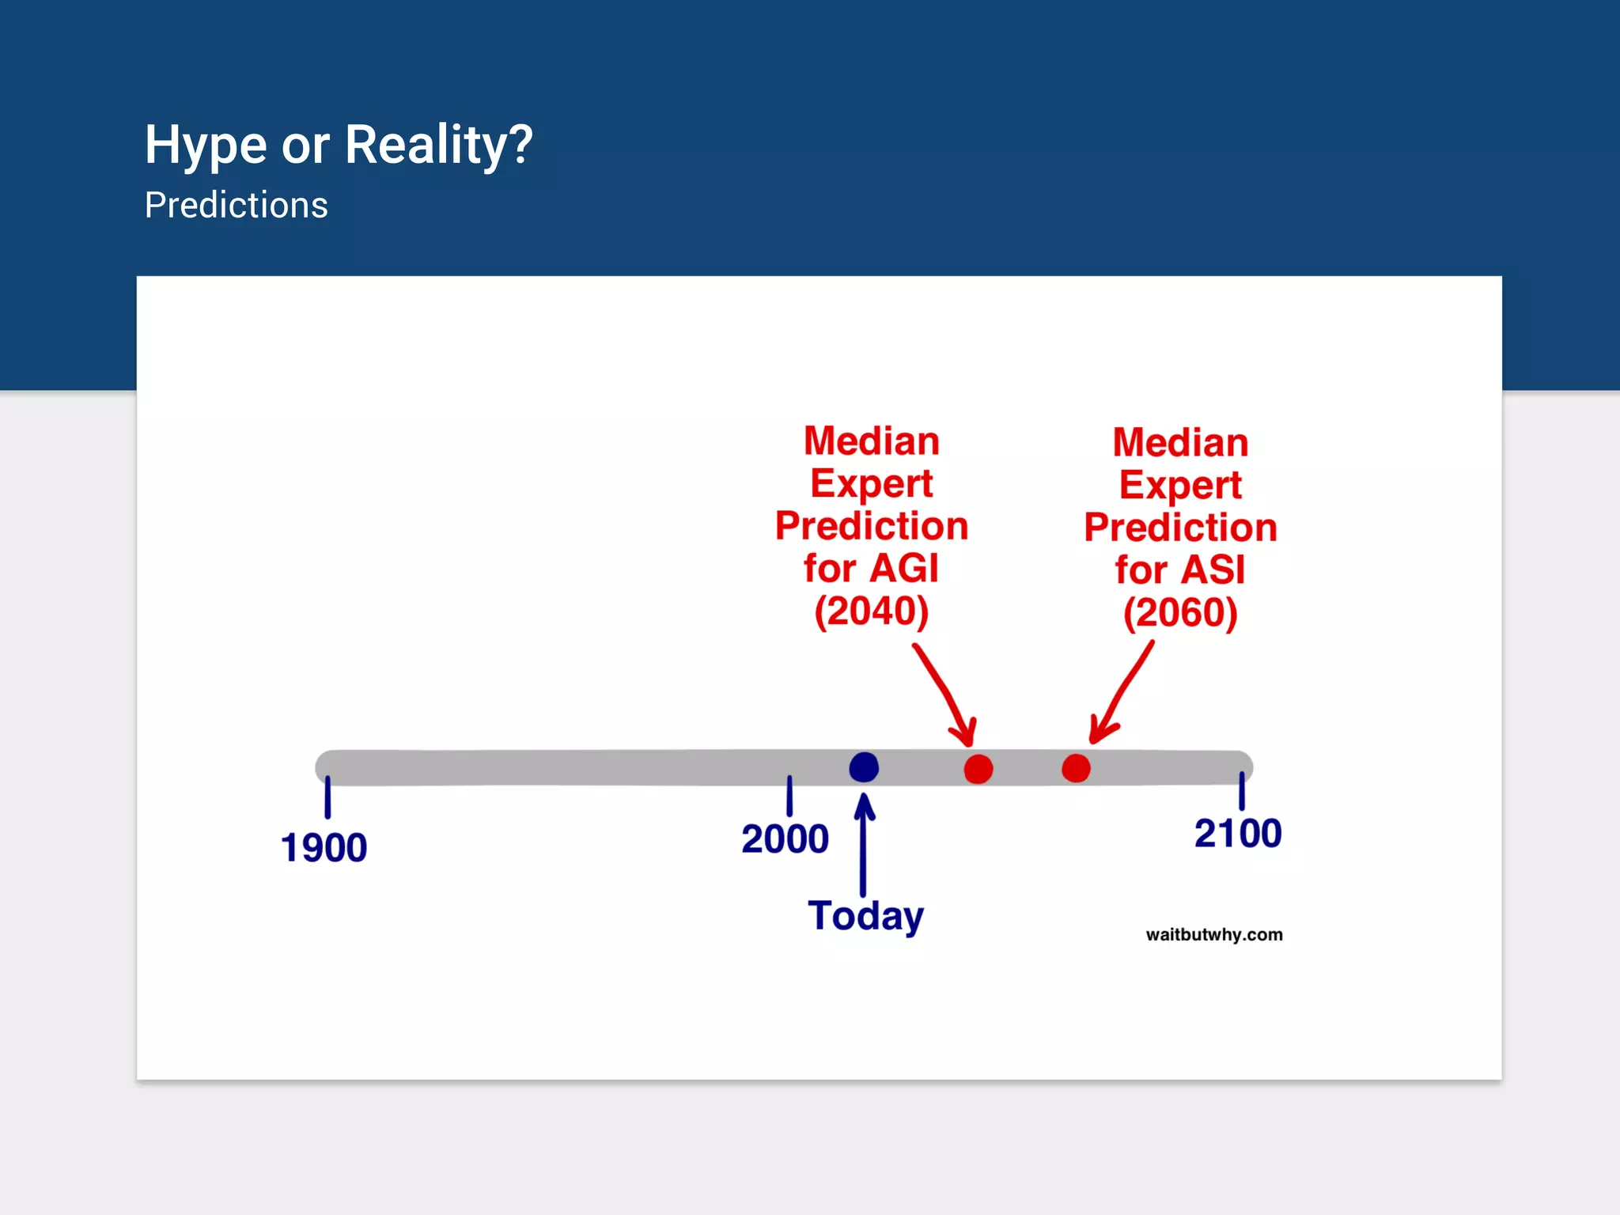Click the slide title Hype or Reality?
click(x=339, y=146)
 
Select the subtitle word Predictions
click(x=236, y=206)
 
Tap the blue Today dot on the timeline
click(x=864, y=767)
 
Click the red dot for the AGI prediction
click(x=978, y=769)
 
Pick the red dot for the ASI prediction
click(x=1076, y=768)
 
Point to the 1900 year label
click(x=324, y=848)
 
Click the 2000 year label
click(x=785, y=839)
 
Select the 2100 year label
click(x=1238, y=834)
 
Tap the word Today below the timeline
click(x=865, y=916)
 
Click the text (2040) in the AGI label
click(x=871, y=611)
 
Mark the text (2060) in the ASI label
click(x=1180, y=613)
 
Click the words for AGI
click(x=871, y=569)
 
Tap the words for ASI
click(x=1180, y=570)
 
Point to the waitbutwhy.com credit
click(x=1214, y=935)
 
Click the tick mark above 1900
click(x=327, y=797)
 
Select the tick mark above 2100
click(x=1242, y=790)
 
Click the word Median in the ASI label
click(x=1180, y=443)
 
